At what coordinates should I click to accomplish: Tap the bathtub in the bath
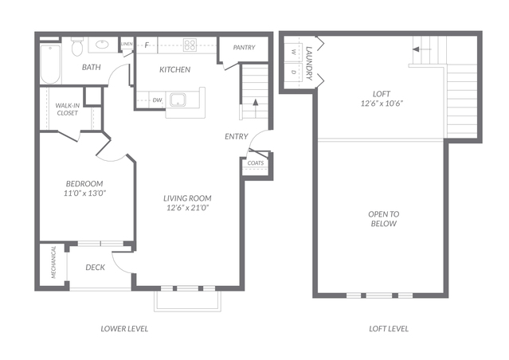[51, 65]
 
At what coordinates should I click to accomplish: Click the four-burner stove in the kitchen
[190, 45]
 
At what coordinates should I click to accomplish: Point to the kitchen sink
[178, 100]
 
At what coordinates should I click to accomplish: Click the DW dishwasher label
[157, 100]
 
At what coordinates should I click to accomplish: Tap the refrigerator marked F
[147, 45]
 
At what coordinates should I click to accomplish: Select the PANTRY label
[244, 48]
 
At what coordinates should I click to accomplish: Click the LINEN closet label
[127, 44]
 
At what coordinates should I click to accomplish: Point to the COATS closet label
[256, 163]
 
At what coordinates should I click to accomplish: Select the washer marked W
[293, 52]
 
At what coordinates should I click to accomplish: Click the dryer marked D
[293, 72]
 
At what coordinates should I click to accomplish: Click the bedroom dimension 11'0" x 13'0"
[85, 194]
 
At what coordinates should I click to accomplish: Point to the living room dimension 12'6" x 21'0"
[187, 208]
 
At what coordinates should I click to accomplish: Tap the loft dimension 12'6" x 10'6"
[382, 104]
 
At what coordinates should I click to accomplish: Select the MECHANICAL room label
[53, 262]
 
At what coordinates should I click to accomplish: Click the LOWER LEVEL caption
[124, 329]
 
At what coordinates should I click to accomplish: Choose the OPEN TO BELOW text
[384, 219]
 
